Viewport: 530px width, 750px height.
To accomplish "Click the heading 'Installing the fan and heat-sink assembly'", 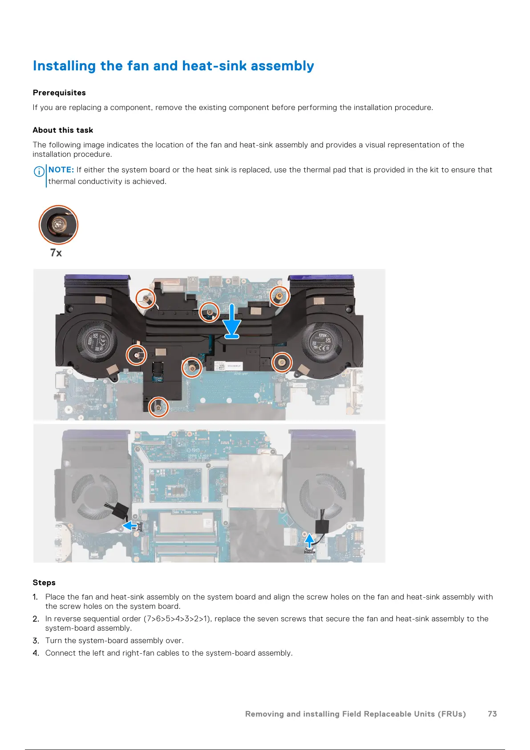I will click(x=173, y=66).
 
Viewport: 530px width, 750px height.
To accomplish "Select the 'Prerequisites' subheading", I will click(x=59, y=93).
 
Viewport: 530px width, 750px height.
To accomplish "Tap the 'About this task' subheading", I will click(x=63, y=130).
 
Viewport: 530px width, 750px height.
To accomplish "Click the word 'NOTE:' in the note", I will click(x=61, y=170).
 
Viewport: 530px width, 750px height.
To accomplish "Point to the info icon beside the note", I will click(x=39, y=171).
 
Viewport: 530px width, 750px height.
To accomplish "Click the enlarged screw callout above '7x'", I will click(x=58, y=225).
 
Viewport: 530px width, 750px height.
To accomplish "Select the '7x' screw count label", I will click(x=56, y=253).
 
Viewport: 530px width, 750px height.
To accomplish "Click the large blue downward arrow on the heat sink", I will click(x=232, y=321).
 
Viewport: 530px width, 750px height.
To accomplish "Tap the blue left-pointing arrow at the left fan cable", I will click(x=130, y=526).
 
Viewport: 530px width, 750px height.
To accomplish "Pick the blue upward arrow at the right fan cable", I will click(x=309, y=540).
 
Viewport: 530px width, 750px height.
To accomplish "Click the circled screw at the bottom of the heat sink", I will click(x=158, y=407).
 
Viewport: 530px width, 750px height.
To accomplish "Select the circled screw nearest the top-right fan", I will click(x=279, y=295).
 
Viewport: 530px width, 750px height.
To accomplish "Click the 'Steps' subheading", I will click(x=44, y=583).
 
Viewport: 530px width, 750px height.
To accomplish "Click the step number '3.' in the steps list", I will click(x=36, y=640).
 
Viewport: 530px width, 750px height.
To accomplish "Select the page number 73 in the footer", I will click(x=492, y=714).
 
